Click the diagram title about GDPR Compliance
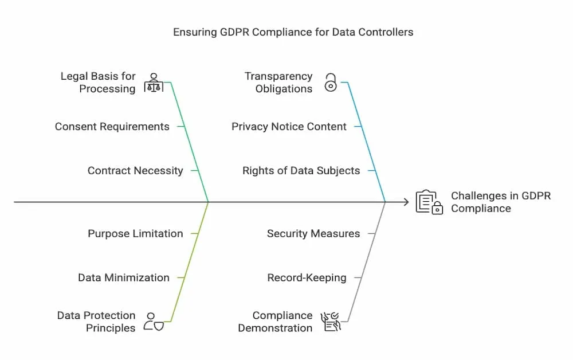click(293, 32)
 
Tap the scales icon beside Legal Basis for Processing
click(154, 83)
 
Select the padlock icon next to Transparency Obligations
click(331, 83)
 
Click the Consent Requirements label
click(112, 127)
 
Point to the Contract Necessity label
click(135, 171)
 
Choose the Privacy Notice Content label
click(289, 127)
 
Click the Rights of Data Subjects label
click(301, 171)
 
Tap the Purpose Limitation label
click(135, 233)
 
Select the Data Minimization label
click(124, 278)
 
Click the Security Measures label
click(313, 233)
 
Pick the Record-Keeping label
click(307, 278)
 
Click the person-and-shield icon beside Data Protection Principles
click(154, 322)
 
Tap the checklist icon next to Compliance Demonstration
click(331, 322)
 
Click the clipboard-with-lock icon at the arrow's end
click(429, 202)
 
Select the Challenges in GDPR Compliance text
click(501, 202)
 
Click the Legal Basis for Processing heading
click(98, 83)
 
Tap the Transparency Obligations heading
click(278, 83)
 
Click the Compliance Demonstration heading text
click(275, 322)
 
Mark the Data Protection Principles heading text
click(96, 322)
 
